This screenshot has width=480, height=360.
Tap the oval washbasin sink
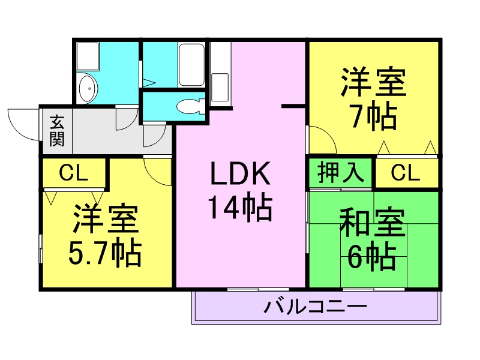pyautogui.click(x=88, y=88)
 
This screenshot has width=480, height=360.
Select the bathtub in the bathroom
pyautogui.click(x=191, y=65)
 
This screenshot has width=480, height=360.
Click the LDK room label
pyautogui.click(x=241, y=173)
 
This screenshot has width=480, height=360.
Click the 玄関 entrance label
pyautogui.click(x=57, y=131)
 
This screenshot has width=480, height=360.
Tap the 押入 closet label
pyautogui.click(x=340, y=172)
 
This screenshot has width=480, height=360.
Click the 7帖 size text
pyautogui.click(x=374, y=116)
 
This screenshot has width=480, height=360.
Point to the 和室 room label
pyautogui.click(x=373, y=223)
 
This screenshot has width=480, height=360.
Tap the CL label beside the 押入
pyautogui.click(x=406, y=173)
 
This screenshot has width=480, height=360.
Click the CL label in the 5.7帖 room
pyautogui.click(x=73, y=173)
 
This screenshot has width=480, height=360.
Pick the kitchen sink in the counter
pyautogui.click(x=220, y=87)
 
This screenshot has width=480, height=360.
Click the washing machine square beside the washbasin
pyautogui.click(x=88, y=56)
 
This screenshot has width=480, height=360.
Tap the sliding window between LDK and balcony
pyautogui.click(x=259, y=289)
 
